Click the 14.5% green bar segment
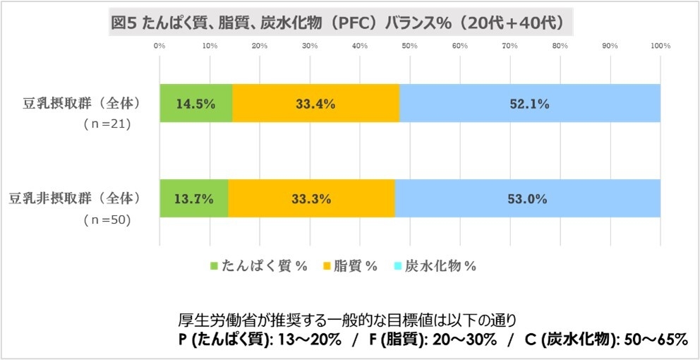(x=195, y=103)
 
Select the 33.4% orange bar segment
(x=315, y=103)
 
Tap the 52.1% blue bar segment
(x=529, y=103)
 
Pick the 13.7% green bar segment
(x=193, y=198)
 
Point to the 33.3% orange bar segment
(x=311, y=198)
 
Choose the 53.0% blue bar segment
(x=527, y=198)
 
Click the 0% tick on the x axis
(x=159, y=46)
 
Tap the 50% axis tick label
(x=410, y=46)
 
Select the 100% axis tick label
(x=660, y=46)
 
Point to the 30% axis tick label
(x=310, y=46)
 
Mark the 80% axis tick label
(x=560, y=46)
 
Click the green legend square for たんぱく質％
(x=215, y=266)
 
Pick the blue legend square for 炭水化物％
(x=397, y=266)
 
